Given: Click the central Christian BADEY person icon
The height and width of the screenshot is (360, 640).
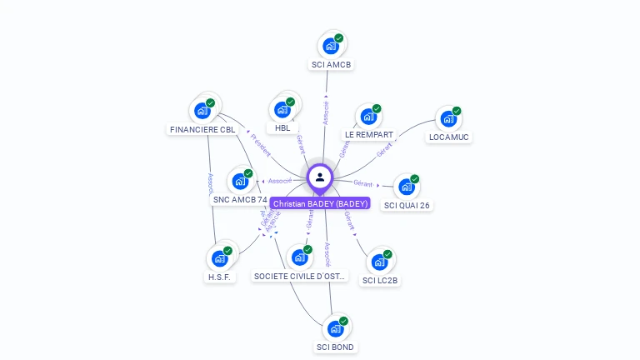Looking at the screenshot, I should pyautogui.click(x=320, y=177).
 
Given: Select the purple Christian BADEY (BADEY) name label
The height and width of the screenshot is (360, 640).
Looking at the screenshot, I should pyautogui.click(x=320, y=203).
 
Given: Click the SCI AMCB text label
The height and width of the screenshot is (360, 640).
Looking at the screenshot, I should pyautogui.click(x=332, y=65).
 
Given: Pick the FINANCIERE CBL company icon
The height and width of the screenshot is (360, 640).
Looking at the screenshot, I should pyautogui.click(x=202, y=110).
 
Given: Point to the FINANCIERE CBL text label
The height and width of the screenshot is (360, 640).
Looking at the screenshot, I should pyautogui.click(x=203, y=130).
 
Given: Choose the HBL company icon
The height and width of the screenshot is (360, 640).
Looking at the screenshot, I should pyautogui.click(x=282, y=109).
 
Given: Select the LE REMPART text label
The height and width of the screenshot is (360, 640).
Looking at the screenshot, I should pyautogui.click(x=368, y=135).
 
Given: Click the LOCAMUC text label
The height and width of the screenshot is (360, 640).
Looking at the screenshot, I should pyautogui.click(x=449, y=137).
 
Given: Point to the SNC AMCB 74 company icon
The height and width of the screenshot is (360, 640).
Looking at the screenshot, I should pyautogui.click(x=240, y=181).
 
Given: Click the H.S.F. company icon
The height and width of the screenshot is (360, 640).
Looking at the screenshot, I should pyautogui.click(x=220, y=258).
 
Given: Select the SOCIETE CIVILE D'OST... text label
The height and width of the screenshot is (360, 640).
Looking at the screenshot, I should pyautogui.click(x=300, y=276).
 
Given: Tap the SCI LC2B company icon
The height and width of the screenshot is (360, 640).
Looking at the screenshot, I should pyautogui.click(x=380, y=262).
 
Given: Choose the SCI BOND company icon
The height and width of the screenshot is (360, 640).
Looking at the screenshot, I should pyautogui.click(x=335, y=328).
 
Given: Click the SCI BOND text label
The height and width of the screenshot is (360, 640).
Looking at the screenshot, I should pyautogui.click(x=336, y=347).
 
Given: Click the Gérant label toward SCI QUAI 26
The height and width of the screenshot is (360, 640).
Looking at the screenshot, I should pyautogui.click(x=362, y=182).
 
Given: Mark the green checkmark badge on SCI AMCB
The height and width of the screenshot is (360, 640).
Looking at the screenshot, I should pyautogui.click(x=339, y=38).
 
